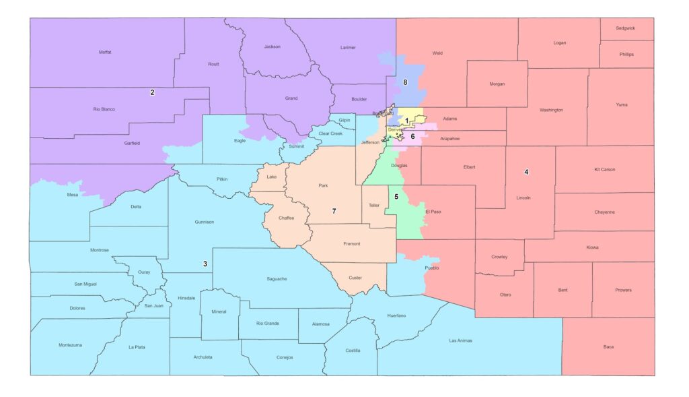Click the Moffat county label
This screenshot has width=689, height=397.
coord(105,52)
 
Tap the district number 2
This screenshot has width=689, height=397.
coord(152,92)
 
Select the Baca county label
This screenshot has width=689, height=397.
coord(608,346)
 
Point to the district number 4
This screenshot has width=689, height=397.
coord(526,172)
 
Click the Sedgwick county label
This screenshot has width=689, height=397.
coord(626,28)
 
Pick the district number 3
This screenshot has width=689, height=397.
coord(205,264)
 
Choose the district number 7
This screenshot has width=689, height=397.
coord(334,211)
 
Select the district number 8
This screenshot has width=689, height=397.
coord(405,82)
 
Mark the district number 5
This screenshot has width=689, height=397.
coord(396,197)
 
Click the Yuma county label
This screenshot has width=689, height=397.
coord(621,104)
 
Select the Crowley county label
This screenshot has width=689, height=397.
coord(499,257)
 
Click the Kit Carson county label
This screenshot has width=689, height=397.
coord(604,169)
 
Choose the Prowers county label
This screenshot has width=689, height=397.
coord(623,290)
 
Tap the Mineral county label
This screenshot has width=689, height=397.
coord(219,311)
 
